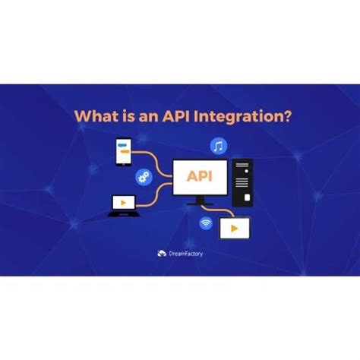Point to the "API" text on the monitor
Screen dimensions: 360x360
(200, 177)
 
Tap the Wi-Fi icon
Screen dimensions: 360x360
(205, 224)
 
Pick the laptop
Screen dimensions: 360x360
(123, 204)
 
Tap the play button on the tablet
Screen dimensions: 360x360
(235, 228)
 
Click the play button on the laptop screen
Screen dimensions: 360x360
(123, 203)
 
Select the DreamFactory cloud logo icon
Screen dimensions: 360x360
(161, 254)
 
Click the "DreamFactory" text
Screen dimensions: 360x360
(186, 254)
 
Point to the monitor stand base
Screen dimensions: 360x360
(200, 204)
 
